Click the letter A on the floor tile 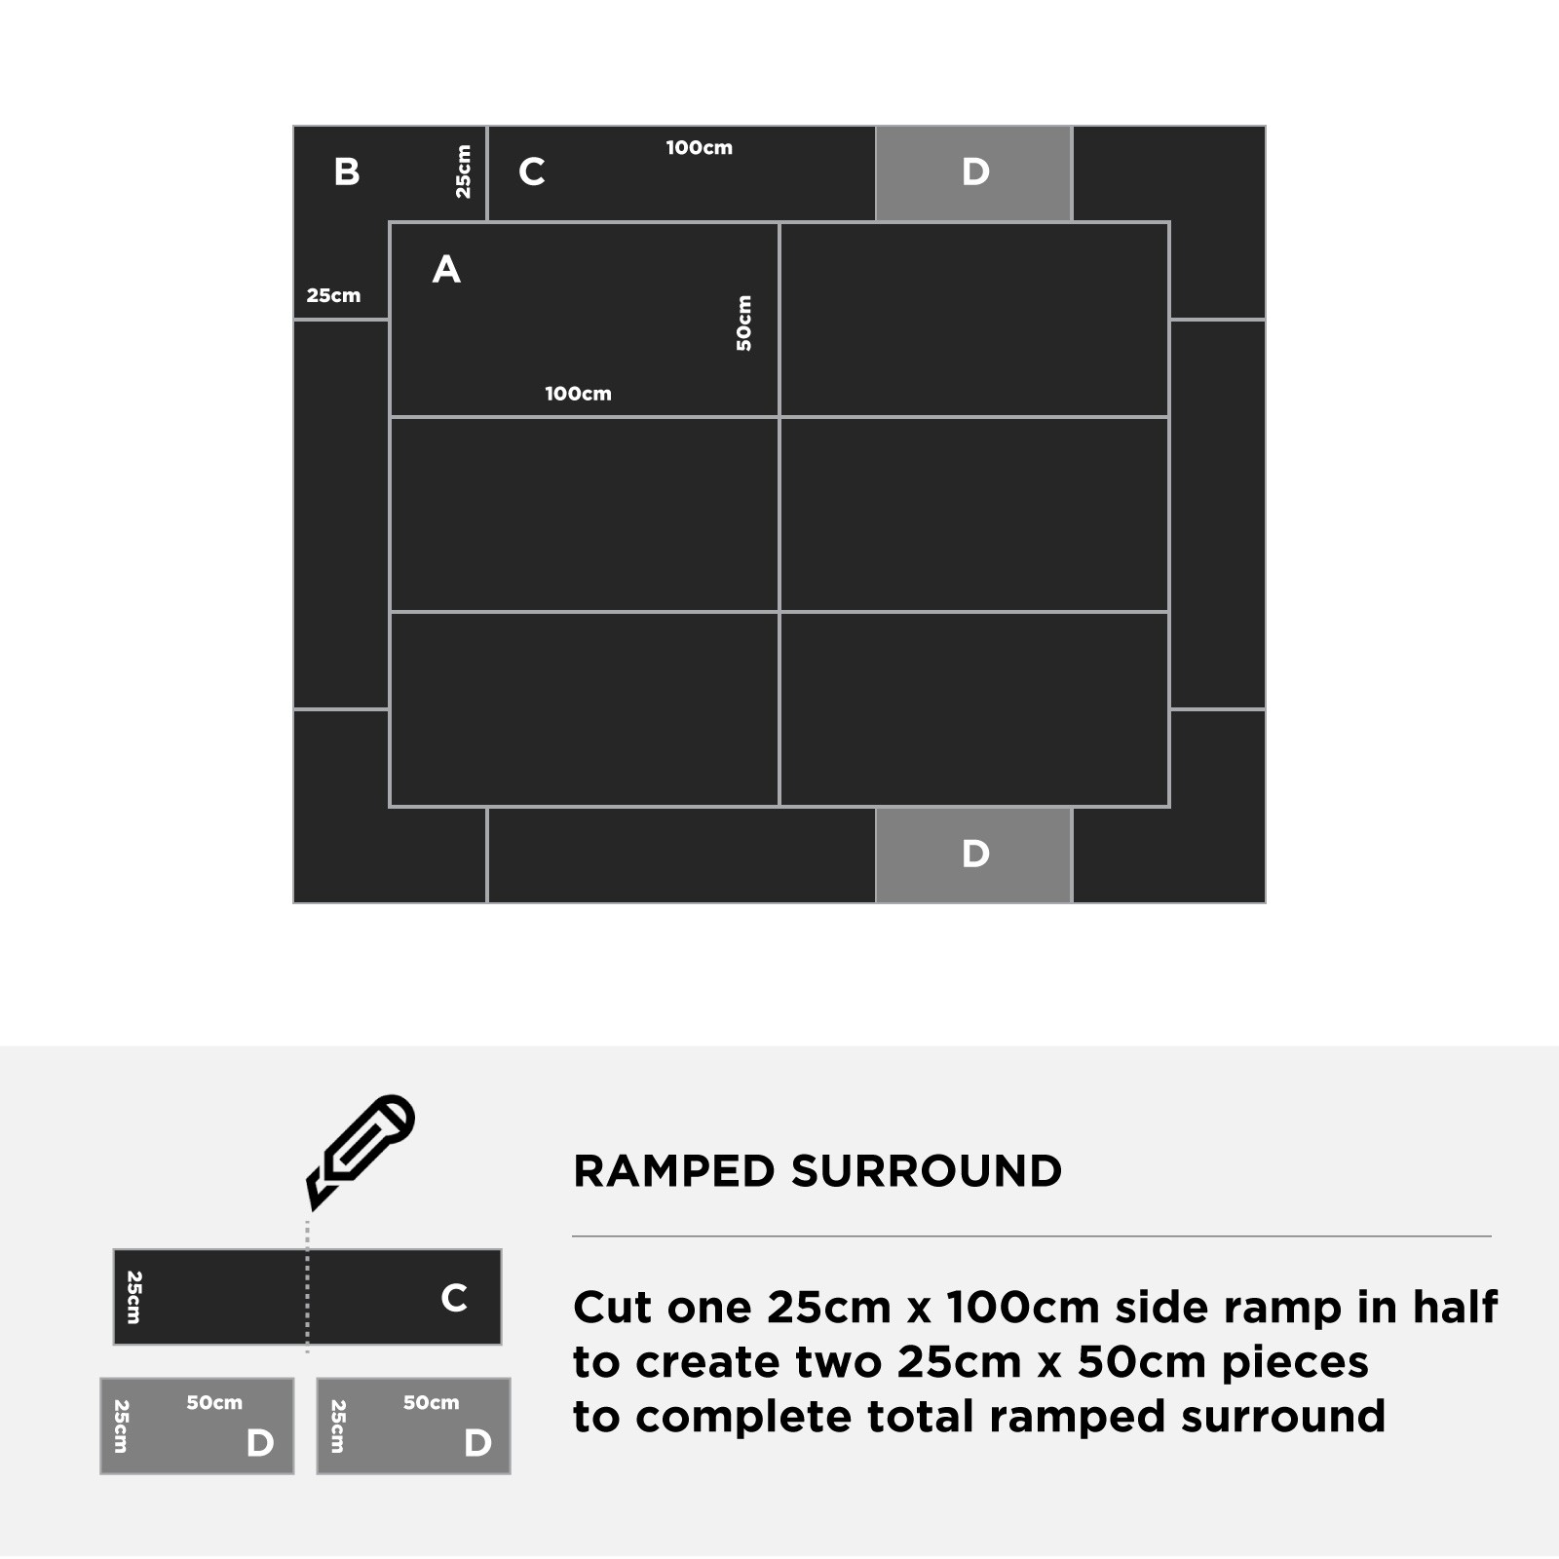[446, 269]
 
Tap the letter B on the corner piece [347, 171]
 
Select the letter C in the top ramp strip [531, 171]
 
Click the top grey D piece [974, 173]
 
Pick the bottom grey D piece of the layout [974, 855]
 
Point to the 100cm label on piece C [700, 148]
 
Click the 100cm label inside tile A [578, 394]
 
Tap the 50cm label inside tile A [743, 323]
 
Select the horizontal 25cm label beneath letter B [333, 295]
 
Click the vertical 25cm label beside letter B [463, 171]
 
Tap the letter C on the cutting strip [454, 1298]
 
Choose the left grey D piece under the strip [197, 1426]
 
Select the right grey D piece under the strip [413, 1426]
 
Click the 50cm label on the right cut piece [431, 1403]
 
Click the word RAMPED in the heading [673, 1171]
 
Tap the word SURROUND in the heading [926, 1171]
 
